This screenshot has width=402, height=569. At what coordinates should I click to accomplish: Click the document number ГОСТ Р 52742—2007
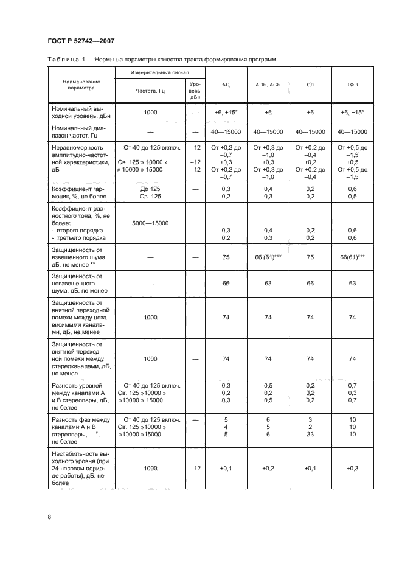(x=81, y=41)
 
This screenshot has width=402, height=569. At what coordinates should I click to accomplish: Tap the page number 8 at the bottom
(x=49, y=517)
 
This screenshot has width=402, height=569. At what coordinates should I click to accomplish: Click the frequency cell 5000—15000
(x=150, y=223)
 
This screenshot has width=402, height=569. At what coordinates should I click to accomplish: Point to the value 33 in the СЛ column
(x=310, y=435)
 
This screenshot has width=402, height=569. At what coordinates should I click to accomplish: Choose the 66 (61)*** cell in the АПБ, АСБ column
(x=268, y=257)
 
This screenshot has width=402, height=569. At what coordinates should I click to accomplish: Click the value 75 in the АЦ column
(x=226, y=257)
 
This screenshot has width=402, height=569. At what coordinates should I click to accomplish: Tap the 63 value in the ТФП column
(x=352, y=283)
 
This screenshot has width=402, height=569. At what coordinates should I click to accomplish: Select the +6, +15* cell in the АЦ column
(x=226, y=113)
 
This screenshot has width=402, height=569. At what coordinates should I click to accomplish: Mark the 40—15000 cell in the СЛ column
(x=310, y=131)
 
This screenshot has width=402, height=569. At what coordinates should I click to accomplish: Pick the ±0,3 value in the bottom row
(x=352, y=468)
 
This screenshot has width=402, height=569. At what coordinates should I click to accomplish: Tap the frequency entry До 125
(x=150, y=189)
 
